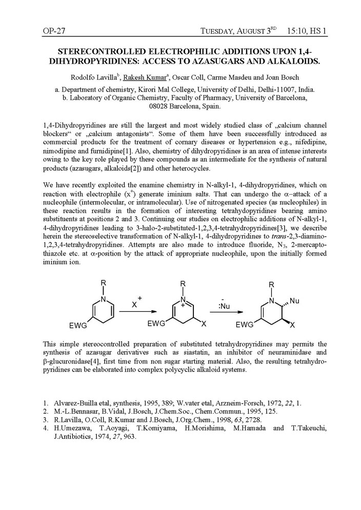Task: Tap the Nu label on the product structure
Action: (294, 301)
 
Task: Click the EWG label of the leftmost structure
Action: (77, 325)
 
